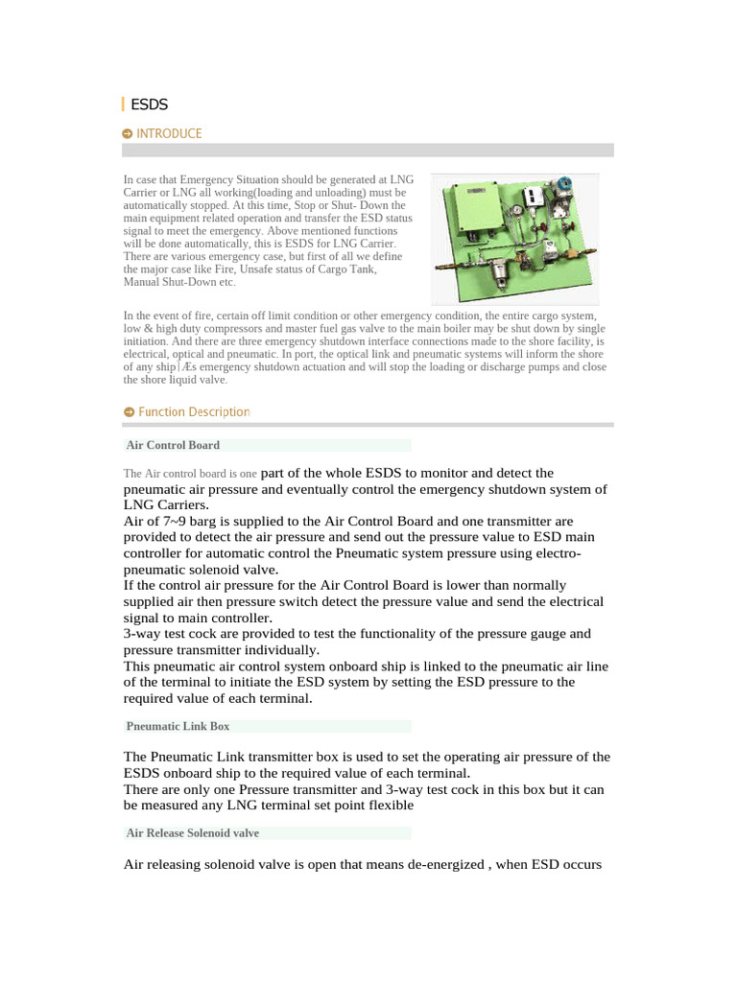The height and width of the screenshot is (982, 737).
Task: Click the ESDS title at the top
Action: (149, 104)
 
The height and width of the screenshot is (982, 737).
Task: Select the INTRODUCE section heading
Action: (169, 134)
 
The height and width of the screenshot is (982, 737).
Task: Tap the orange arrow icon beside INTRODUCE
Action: (128, 134)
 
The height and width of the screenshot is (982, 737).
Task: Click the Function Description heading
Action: (194, 411)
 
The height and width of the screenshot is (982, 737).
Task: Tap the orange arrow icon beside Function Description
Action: (129, 411)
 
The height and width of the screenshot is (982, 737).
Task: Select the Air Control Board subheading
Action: (173, 445)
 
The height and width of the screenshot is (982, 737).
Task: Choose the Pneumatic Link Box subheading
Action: (178, 726)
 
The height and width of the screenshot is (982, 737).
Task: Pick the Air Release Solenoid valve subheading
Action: (192, 832)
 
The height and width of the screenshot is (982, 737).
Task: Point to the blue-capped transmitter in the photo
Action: (565, 184)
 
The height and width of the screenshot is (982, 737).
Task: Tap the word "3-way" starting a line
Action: (143, 634)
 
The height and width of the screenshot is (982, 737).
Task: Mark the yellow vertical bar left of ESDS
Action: (123, 104)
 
